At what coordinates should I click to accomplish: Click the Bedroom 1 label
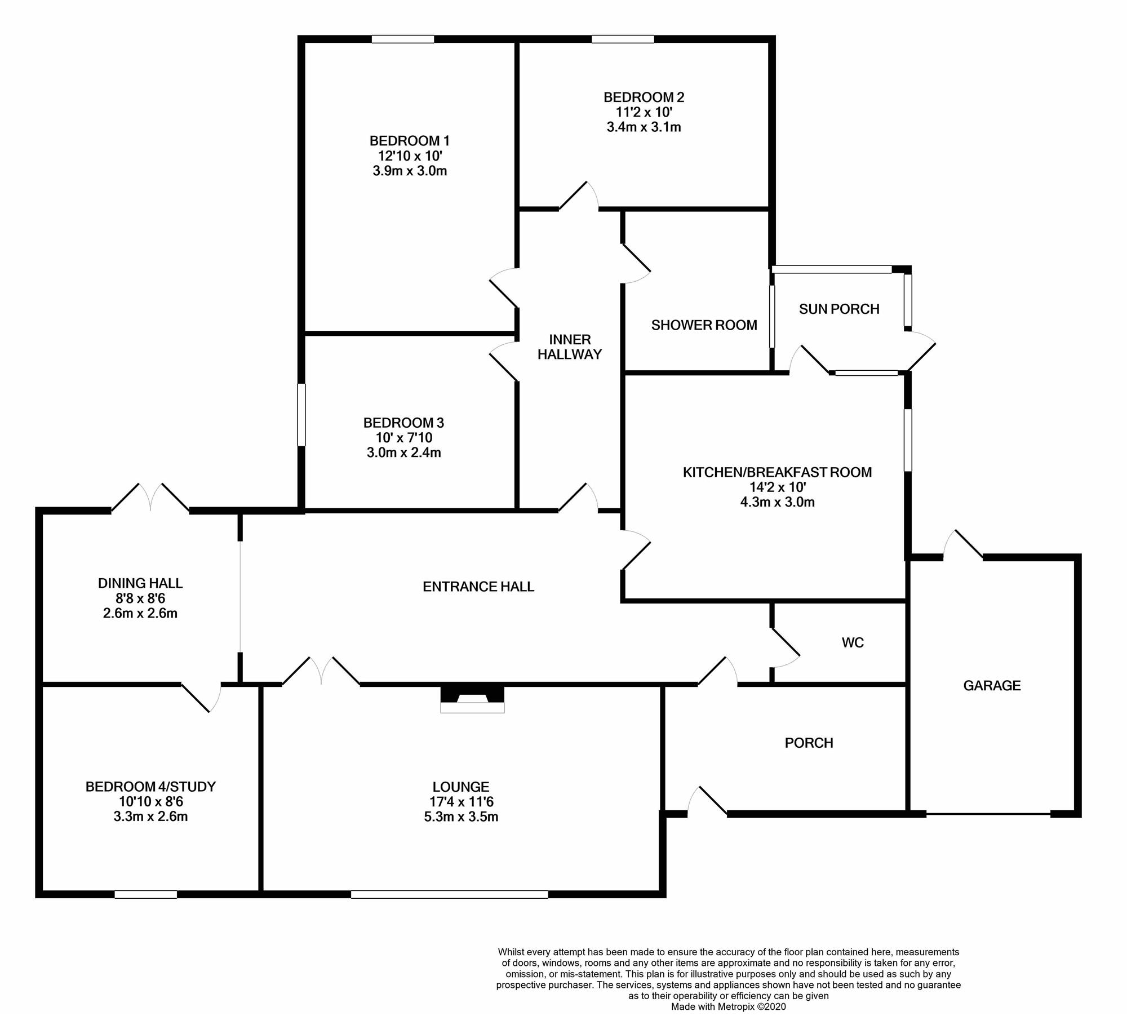410,140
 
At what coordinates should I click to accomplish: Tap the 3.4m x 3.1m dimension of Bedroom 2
644,127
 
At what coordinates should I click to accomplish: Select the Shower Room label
704,325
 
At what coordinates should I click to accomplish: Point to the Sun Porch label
839,309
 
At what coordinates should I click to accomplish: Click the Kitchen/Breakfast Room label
777,472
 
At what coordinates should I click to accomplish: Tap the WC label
853,643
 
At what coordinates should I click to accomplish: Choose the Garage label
992,686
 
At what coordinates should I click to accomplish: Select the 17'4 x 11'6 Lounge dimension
461,802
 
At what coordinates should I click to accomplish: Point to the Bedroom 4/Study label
150,787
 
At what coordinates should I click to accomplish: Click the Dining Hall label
140,583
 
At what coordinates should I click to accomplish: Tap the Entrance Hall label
478,587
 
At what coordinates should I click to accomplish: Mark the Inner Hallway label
570,347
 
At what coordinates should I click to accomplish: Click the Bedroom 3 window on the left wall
301,415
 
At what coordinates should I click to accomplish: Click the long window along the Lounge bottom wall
449,894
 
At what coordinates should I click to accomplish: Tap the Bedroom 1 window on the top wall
402,39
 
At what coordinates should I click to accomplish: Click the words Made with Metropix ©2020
728,1006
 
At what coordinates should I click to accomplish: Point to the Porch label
809,743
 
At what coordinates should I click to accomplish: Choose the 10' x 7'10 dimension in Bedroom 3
404,438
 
